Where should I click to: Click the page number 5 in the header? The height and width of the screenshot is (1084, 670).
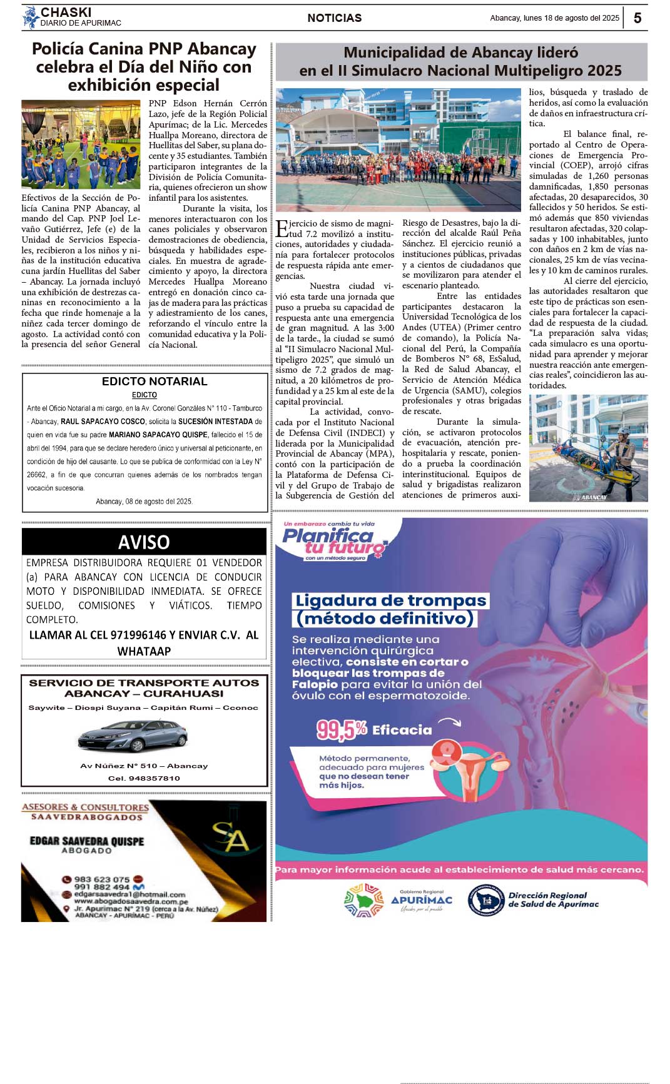point(637,18)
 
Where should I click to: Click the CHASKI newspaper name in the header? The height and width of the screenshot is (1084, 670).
point(66,13)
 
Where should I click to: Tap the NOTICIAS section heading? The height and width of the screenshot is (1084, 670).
point(334,18)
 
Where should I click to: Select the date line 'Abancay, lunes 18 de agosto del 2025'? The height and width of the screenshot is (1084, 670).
point(554,18)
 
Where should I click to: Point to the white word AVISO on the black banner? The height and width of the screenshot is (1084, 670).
point(144,542)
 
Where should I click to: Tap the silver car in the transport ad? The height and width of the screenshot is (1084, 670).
point(133,736)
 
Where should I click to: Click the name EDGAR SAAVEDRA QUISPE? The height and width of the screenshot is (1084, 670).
point(87,841)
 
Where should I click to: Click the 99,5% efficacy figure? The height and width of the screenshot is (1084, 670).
point(342,729)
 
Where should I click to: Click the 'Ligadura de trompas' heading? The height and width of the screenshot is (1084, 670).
point(390,601)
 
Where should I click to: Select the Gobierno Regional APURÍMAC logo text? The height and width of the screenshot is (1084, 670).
point(422,900)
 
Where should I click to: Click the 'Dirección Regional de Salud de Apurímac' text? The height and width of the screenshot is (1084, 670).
point(553,899)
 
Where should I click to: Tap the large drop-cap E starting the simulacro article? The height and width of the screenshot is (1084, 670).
point(282,228)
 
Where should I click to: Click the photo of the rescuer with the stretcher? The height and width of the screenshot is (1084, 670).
point(588,448)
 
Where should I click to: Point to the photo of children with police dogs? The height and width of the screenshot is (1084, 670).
point(81,144)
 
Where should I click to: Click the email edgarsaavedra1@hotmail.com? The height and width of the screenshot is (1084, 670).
point(129,894)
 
